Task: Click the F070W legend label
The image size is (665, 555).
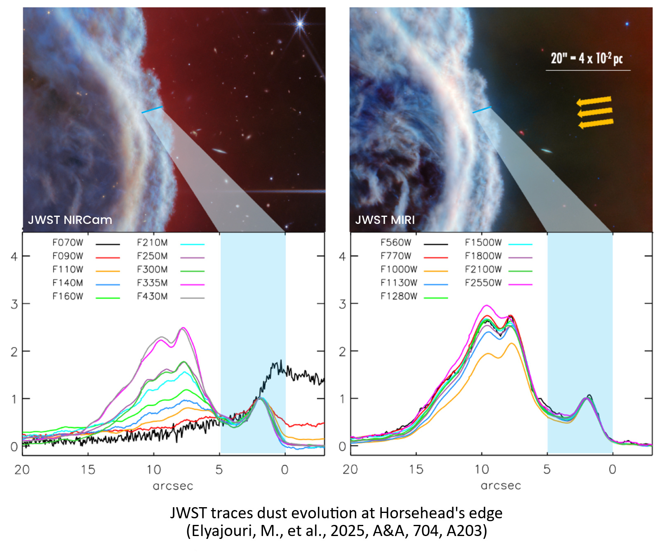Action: [x=68, y=243]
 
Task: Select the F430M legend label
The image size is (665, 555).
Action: [x=152, y=296]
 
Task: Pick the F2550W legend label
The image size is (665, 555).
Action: [x=483, y=283]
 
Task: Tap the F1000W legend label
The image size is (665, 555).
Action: [x=399, y=270]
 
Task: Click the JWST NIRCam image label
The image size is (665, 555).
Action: [x=70, y=220]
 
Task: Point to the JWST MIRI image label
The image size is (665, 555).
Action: [x=385, y=220]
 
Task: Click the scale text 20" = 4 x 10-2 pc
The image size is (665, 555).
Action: [x=586, y=59]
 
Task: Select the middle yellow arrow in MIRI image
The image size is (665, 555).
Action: [x=595, y=112]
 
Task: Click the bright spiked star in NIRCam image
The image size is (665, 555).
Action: [x=300, y=24]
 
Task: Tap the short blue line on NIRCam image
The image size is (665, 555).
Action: [x=152, y=109]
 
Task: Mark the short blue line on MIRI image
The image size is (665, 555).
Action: [x=482, y=110]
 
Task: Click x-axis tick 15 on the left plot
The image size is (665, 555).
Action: [x=88, y=470]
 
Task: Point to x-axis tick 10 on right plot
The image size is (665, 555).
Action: [x=482, y=470]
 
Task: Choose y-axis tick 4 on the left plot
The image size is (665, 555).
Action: [x=14, y=256]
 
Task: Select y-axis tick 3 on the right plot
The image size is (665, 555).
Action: [x=342, y=304]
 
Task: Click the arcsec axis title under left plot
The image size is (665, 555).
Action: [x=173, y=486]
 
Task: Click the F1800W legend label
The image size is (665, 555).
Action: [x=483, y=256]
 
